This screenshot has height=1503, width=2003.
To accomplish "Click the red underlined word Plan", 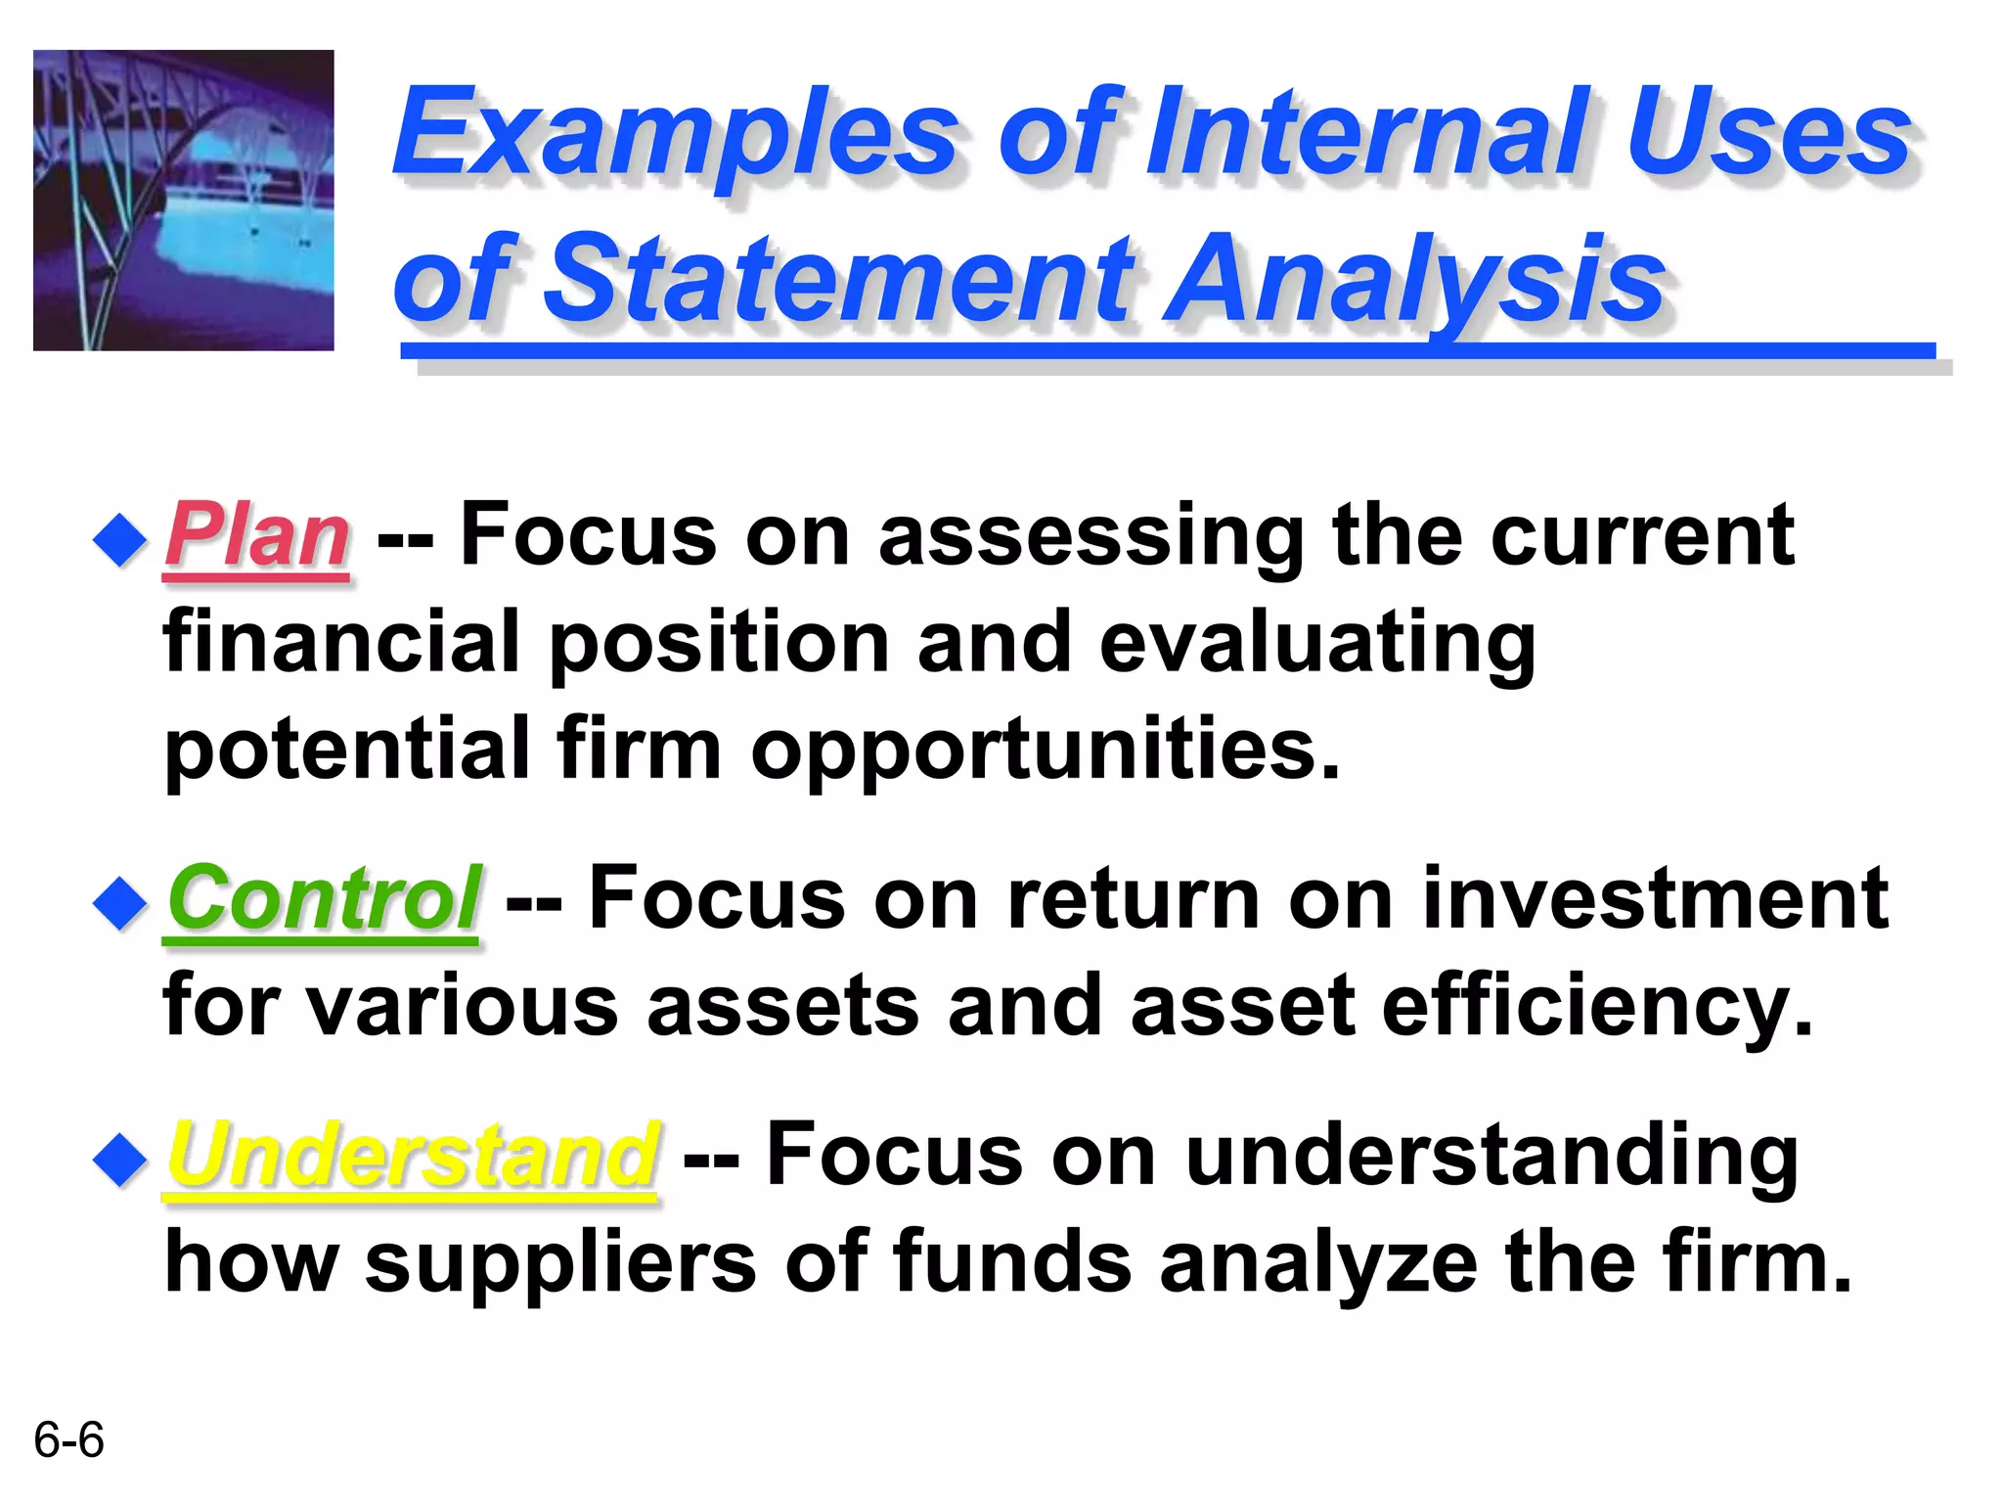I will point(256,536).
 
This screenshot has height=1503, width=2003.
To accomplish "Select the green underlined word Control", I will point(323,898).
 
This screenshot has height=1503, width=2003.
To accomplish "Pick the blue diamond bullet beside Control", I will point(120,903).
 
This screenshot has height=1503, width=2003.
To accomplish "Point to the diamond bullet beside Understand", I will point(120,1161).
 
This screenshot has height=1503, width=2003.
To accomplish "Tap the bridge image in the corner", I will point(184,201).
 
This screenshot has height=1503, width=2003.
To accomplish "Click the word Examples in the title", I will point(675,134).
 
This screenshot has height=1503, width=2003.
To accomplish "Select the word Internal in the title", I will point(1379,134).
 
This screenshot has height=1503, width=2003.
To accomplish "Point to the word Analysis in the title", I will point(1418,279).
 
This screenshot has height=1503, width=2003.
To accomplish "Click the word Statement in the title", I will point(836,279).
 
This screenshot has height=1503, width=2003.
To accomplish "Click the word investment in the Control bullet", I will point(1653,898).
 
